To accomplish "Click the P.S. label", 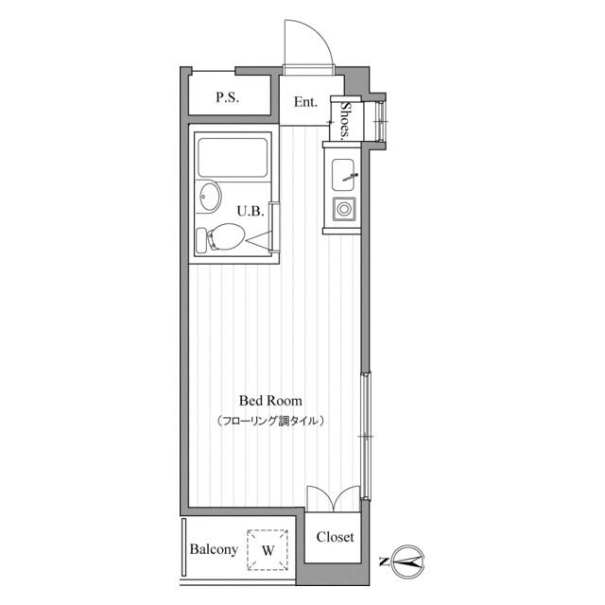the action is click(x=227, y=96).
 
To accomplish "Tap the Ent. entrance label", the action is click(x=305, y=102).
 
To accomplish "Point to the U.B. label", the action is click(x=251, y=211).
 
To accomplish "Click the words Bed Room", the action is click(x=270, y=401).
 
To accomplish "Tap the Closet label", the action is click(x=335, y=537).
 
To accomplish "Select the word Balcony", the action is click(x=214, y=549).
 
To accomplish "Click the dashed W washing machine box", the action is click(x=268, y=550).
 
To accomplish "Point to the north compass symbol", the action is click(x=408, y=562).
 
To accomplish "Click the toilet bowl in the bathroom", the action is click(x=226, y=236).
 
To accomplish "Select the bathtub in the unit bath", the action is click(x=233, y=158).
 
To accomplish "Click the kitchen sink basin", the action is click(x=343, y=175).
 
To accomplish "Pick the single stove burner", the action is click(x=343, y=210).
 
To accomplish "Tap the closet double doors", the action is click(x=334, y=498).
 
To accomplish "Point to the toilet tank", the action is click(x=201, y=241).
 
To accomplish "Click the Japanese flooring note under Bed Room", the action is click(x=270, y=420).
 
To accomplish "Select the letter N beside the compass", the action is click(x=384, y=562).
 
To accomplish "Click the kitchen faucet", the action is click(x=351, y=177).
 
